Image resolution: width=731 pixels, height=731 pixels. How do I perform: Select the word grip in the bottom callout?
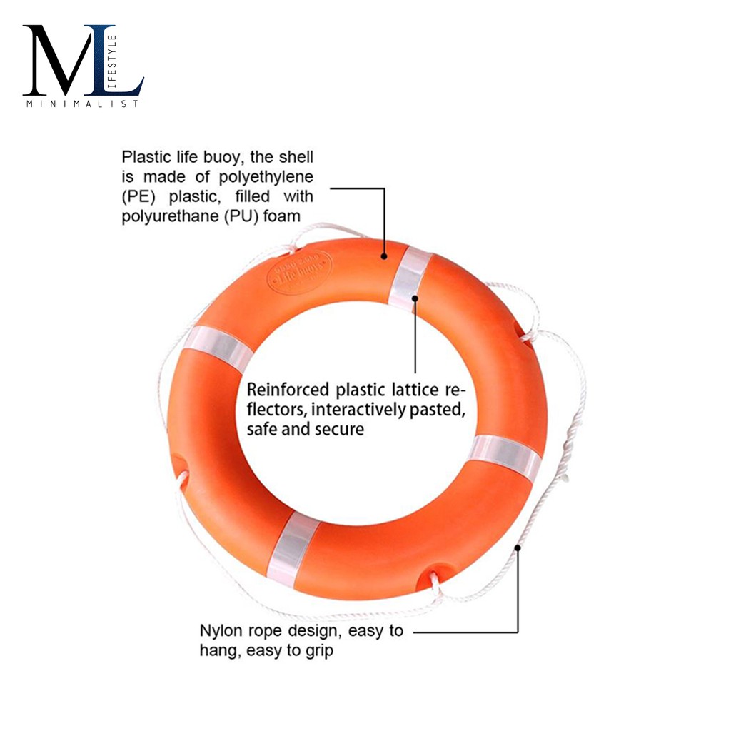317,651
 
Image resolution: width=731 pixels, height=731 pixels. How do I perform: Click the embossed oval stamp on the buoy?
299,271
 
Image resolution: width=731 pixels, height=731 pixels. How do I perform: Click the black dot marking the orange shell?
384,256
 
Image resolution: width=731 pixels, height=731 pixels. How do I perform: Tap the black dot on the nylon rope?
518,548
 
